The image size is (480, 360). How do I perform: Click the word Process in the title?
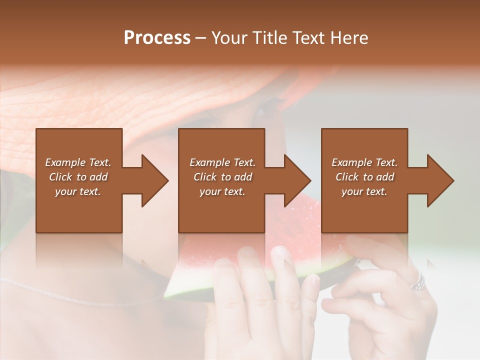click(x=157, y=38)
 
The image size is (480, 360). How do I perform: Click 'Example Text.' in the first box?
click(x=78, y=162)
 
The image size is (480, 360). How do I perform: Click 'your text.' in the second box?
click(x=222, y=191)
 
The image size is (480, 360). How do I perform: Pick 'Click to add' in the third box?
click(x=364, y=177)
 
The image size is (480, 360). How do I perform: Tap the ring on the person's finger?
click(x=418, y=283)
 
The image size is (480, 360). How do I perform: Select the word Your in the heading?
click(x=230, y=38)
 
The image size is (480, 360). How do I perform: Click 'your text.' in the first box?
click(x=78, y=191)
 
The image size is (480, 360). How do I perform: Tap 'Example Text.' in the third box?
click(x=364, y=162)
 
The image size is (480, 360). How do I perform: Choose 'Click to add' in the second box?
click(x=222, y=177)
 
